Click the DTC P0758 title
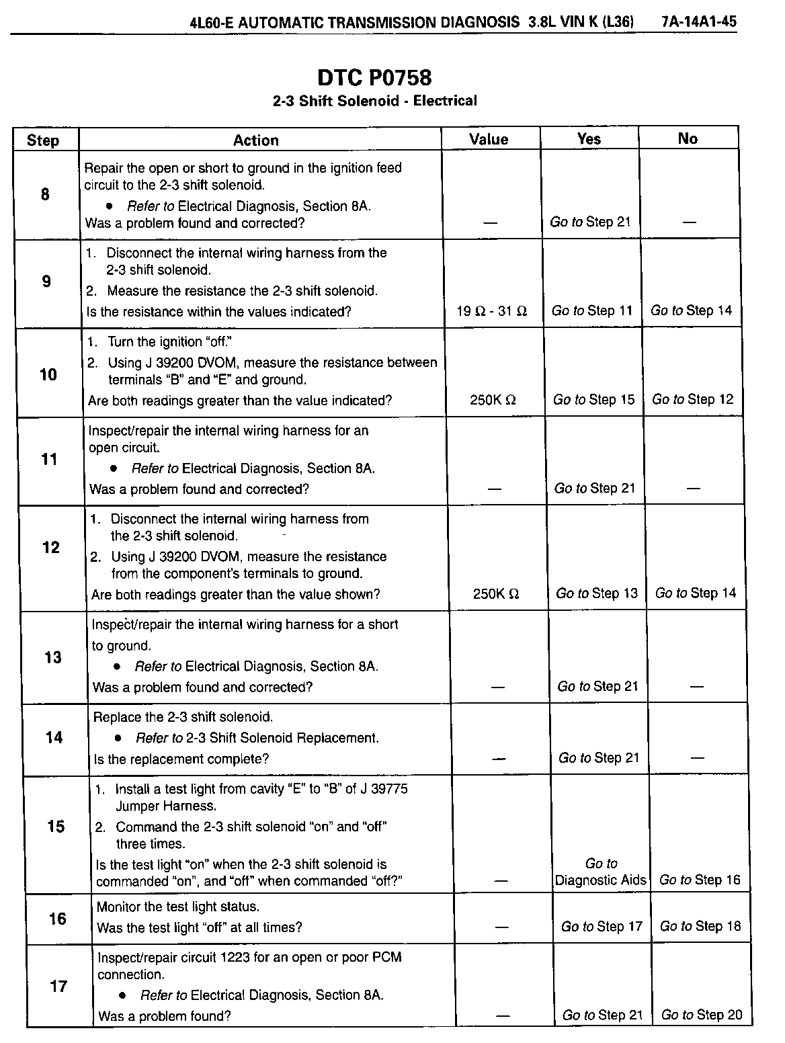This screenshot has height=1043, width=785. point(374,78)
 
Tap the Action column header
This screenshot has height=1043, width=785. point(255,140)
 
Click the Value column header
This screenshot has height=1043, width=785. point(489,139)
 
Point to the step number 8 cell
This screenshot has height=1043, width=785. point(45,194)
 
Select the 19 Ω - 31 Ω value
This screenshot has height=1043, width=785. point(491,311)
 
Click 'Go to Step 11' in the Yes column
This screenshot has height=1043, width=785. point(591,310)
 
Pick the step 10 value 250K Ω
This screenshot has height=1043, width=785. point(493,400)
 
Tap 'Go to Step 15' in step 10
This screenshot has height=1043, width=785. point(593,400)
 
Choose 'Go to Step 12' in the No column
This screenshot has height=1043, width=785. point(692,399)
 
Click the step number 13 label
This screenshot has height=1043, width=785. point(52,657)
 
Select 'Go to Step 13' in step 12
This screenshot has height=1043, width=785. point(596,593)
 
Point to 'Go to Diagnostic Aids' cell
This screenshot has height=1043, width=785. point(601,872)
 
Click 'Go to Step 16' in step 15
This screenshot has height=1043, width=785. point(700,880)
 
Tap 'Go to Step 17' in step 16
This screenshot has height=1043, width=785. point(602,927)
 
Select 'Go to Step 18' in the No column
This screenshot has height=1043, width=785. point(700,926)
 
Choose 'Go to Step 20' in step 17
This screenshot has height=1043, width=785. point(702,1015)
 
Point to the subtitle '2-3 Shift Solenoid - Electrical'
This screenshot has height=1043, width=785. point(374,101)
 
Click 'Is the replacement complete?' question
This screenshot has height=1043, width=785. point(181,759)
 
